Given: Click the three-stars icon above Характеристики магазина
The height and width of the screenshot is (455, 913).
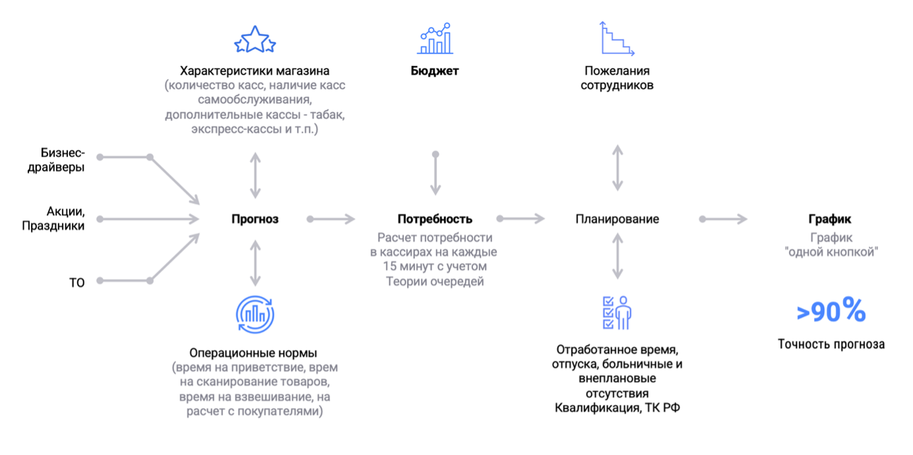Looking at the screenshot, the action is (x=255, y=40).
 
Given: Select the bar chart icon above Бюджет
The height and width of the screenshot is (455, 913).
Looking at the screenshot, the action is (x=435, y=38).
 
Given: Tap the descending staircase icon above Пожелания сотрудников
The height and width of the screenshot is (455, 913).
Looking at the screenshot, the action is (x=617, y=38).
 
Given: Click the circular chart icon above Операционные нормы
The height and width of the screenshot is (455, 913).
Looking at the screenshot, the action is (x=255, y=315).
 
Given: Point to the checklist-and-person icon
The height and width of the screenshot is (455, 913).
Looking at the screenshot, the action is (x=617, y=313).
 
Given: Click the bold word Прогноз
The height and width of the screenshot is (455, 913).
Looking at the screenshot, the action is (x=255, y=219).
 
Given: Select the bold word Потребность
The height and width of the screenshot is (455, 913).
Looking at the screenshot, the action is (x=435, y=219).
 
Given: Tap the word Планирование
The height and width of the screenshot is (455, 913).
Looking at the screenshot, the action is (x=617, y=219).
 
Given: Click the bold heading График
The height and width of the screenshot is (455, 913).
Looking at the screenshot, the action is (x=830, y=219).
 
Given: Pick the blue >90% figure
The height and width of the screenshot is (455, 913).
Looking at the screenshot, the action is (x=831, y=311).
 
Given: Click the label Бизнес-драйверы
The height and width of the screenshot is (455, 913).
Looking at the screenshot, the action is (x=56, y=160).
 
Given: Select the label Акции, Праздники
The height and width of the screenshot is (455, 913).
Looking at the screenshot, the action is (x=53, y=218).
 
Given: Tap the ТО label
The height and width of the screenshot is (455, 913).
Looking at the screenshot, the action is (x=77, y=283).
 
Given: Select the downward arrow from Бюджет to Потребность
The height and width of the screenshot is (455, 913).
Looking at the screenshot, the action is (x=435, y=173).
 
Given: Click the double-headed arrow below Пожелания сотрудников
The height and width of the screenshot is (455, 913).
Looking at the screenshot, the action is (x=617, y=168).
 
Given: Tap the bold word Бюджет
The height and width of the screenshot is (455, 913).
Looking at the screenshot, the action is (x=435, y=71).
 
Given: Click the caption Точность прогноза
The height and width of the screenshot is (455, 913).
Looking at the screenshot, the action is (x=831, y=344).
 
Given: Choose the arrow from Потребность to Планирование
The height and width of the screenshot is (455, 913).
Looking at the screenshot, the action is (x=521, y=219).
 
